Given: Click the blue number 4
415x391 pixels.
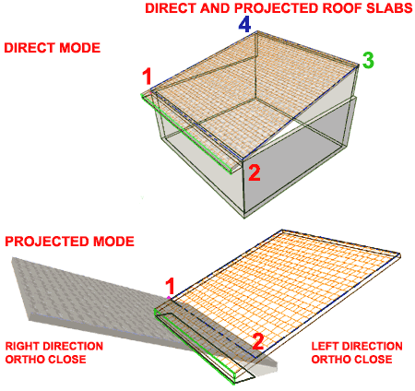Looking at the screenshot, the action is tap(244, 25).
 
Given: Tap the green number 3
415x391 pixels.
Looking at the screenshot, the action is tap(368, 60).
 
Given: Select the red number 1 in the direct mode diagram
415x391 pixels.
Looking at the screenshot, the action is tap(148, 77).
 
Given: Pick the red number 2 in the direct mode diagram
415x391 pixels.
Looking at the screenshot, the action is tap(255, 172).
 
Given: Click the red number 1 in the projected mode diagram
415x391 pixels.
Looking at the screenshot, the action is tap(170, 286).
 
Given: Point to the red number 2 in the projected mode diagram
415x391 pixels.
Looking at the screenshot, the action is tap(258, 341).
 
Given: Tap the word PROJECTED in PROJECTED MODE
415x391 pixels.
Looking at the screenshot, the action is tap(47, 242).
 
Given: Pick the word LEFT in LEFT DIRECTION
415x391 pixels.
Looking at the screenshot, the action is tap(325, 347).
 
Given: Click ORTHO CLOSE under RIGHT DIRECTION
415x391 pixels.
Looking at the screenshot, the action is tap(46, 360).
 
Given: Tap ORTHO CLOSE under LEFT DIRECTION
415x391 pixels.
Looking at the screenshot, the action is tap(352, 360).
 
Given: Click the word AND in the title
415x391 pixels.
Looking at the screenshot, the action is tap(215, 8).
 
